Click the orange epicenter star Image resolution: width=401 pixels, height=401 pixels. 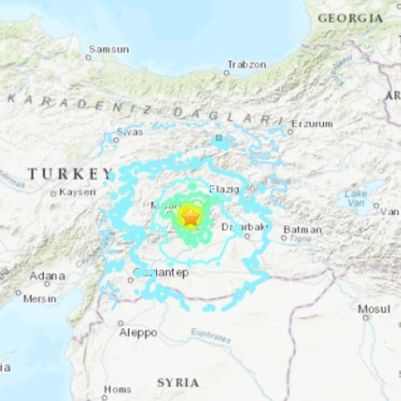pyautogui.click(x=191, y=216)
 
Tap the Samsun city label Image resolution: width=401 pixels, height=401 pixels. pyautogui.click(x=109, y=49)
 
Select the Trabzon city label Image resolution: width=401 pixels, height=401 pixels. pyautogui.click(x=246, y=63)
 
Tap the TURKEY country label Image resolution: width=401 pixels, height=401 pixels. pyautogui.click(x=71, y=173)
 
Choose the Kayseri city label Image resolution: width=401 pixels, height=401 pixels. pyautogui.click(x=77, y=192)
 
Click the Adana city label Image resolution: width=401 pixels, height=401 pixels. pyautogui.click(x=47, y=276)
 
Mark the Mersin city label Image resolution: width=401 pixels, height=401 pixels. pyautogui.click(x=39, y=299)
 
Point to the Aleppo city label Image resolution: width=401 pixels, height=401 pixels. pyautogui.click(x=138, y=332)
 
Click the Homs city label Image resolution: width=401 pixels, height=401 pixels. pyautogui.click(x=117, y=390)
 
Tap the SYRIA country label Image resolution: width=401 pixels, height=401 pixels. pyautogui.click(x=178, y=382)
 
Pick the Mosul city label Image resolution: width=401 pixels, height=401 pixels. pyautogui.click(x=374, y=308)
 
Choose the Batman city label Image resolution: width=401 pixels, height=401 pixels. pyautogui.click(x=302, y=230)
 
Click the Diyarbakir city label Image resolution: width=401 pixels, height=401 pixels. pyautogui.click(x=244, y=227)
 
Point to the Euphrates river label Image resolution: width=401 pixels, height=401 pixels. pyautogui.click(x=211, y=334)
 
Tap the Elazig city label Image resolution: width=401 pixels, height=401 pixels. pyautogui.click(x=225, y=189)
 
